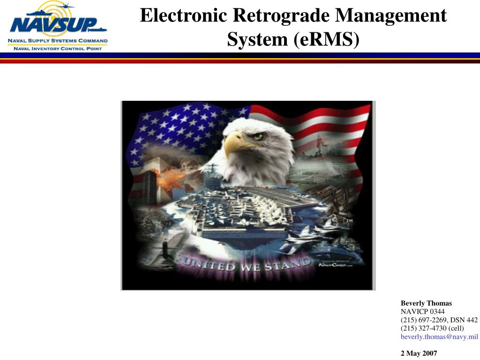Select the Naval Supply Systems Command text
click(x=58, y=41)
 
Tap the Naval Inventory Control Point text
click(x=58, y=48)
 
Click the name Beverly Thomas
click(x=426, y=303)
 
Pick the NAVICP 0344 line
click(x=422, y=311)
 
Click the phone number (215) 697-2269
click(x=420, y=320)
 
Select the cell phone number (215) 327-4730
click(x=420, y=328)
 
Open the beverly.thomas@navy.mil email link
click(x=439, y=337)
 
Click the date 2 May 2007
click(x=419, y=353)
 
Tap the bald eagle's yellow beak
click(x=234, y=143)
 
